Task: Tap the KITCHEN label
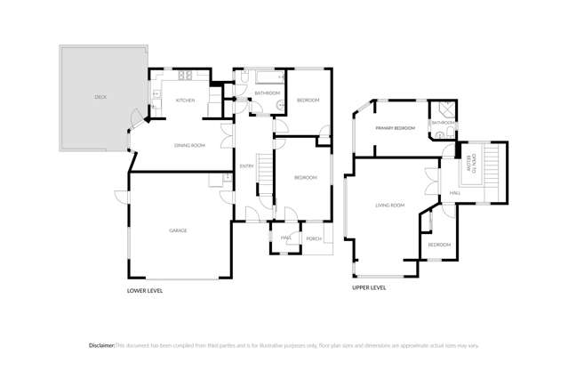point(185,101)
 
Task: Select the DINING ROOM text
point(189,145)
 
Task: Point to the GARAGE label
point(178,230)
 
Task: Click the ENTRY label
point(246,166)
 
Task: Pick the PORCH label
point(313,238)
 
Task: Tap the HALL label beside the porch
point(286,238)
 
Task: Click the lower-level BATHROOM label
point(267,93)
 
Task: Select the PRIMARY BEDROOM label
point(395,128)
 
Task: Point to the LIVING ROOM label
point(389,206)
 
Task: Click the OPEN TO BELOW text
point(473,164)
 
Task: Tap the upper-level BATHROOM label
point(443,123)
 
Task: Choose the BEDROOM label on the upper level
point(439,245)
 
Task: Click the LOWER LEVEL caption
point(145,290)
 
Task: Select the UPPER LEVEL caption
point(369,287)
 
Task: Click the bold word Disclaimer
point(101,345)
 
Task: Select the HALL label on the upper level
point(454,193)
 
